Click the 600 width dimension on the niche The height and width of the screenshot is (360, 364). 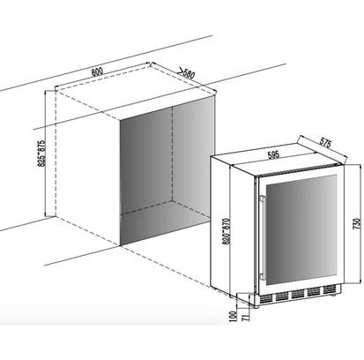[97, 72]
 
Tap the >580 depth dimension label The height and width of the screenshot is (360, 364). [187, 73]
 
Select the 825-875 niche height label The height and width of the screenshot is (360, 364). [41, 153]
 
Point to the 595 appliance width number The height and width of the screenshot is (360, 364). [273, 155]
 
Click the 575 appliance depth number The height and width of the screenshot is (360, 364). [325, 143]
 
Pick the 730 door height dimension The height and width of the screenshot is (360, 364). [357, 224]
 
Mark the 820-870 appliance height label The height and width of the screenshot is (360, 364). [226, 231]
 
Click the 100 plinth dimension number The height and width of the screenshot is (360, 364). [234, 317]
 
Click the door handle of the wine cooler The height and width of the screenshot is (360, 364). [263, 238]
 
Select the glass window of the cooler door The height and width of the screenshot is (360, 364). [301, 230]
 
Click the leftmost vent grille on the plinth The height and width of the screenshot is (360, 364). [266, 298]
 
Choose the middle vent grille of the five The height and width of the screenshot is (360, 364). [298, 294]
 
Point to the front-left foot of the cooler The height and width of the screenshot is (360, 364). [256, 306]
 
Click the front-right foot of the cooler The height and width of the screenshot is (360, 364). [333, 295]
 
